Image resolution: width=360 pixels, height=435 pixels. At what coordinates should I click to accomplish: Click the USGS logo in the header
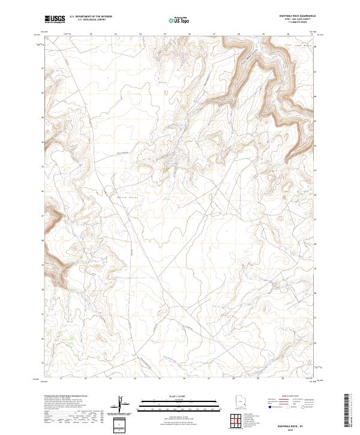tap(55, 19)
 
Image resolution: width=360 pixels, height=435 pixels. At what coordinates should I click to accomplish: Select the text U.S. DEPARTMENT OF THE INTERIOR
tap(91, 17)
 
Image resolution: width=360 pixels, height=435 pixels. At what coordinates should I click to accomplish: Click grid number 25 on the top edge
tap(165, 34)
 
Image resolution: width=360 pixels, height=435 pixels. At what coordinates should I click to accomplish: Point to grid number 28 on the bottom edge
tap(232, 379)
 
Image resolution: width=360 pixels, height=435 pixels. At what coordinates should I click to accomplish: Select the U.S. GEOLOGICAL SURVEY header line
tap(91, 20)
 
